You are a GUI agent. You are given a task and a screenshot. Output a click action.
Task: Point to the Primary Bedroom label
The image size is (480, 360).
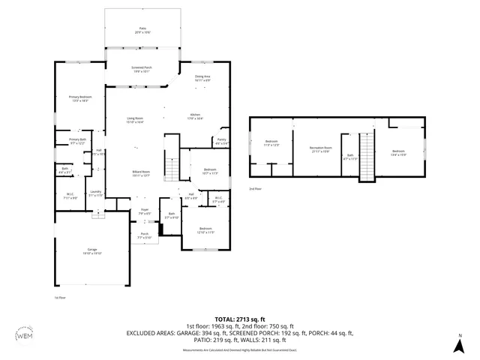tap(80, 98)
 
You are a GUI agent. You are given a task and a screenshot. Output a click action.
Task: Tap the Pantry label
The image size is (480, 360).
tap(222, 141)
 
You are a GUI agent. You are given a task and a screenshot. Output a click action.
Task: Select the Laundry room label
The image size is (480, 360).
tap(95, 193)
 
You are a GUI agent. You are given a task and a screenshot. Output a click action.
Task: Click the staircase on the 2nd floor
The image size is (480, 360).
tap(367, 157)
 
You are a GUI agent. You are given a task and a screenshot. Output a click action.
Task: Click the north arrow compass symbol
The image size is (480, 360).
tap(459, 344)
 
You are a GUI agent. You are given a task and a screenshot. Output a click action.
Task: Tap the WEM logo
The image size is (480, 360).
tap(24, 334)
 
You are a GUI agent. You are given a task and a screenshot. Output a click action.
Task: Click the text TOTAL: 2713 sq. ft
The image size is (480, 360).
tap(239, 319)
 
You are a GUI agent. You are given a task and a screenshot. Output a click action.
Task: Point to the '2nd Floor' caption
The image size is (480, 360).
tap(256, 189)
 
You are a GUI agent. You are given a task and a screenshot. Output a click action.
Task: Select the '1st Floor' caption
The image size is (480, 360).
tap(61, 298)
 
